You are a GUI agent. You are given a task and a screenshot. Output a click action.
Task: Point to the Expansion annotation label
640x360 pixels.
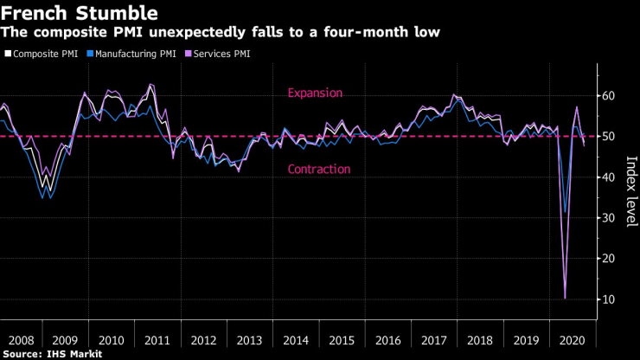316,93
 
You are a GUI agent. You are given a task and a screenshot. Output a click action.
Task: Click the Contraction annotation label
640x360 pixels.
318,170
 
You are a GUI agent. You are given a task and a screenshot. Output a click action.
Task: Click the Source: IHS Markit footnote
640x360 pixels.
53,354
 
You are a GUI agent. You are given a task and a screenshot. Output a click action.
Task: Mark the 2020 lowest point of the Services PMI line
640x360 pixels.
566,299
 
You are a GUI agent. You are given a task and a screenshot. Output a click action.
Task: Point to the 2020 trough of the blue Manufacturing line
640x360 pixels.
565,213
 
